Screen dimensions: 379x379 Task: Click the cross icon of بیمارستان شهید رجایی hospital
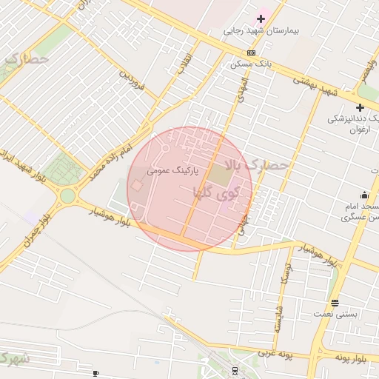261,19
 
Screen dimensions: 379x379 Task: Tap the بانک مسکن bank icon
252,53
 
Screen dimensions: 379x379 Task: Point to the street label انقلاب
184,63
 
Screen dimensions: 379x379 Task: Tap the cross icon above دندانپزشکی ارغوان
360,108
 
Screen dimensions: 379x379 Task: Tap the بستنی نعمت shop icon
335,303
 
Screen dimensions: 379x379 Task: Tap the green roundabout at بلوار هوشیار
68,196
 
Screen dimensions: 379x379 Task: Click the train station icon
235,370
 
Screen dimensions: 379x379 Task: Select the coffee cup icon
95,373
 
